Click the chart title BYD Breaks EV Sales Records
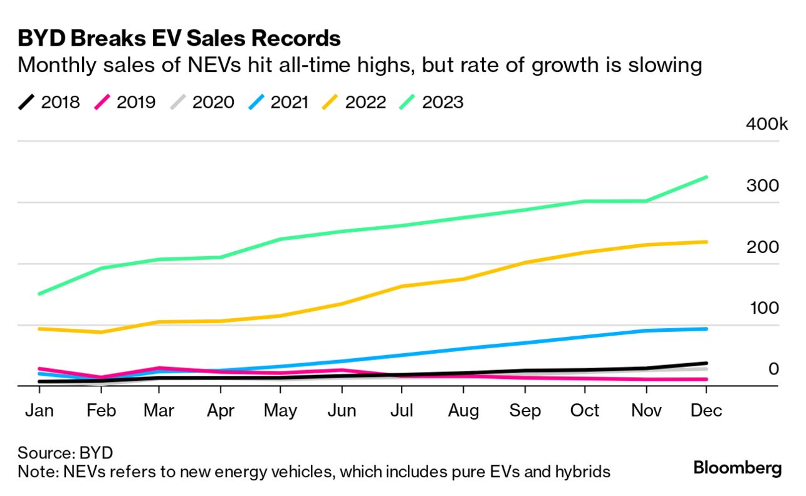tap(179, 38)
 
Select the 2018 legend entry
tap(49, 102)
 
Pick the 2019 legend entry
tap(124, 102)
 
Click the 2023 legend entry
tap(431, 102)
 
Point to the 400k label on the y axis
tap(766, 124)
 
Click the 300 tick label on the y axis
tap(762, 186)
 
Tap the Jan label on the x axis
tap(39, 411)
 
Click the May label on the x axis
tap(280, 411)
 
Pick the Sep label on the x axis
tap(525, 411)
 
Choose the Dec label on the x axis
tap(706, 411)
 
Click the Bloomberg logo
tap(738, 468)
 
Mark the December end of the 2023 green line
tap(707, 177)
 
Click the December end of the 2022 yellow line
tap(707, 242)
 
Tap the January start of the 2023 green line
tap(39, 294)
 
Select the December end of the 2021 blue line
tap(707, 329)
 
